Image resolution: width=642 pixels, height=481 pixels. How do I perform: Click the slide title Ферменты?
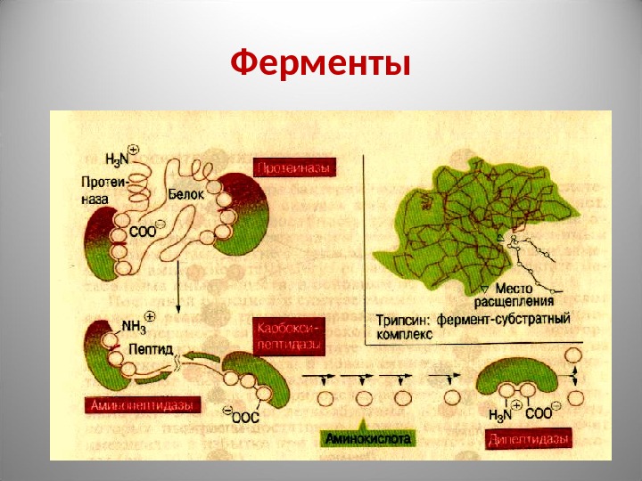click(x=321, y=64)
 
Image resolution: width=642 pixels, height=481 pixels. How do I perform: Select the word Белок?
click(x=186, y=192)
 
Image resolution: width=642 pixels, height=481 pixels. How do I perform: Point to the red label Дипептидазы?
click(x=529, y=440)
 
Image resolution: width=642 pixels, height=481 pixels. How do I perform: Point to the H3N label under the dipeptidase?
click(x=503, y=414)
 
